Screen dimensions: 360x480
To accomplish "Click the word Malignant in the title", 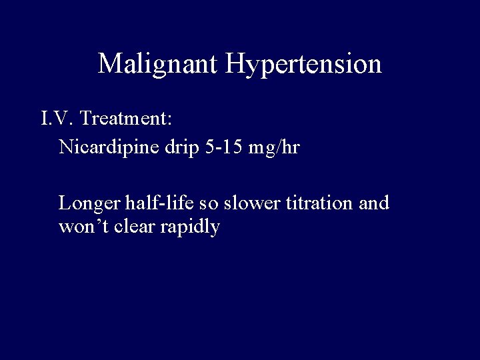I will point(158,64).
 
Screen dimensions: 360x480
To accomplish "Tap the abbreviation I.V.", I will point(57,119).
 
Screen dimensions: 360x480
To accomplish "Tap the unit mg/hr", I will point(274,147).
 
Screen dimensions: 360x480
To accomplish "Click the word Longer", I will point(86,203).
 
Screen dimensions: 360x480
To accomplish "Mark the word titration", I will point(321,202).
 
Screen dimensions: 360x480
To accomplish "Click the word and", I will point(374,202).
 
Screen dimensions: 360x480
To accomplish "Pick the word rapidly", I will point(191,227).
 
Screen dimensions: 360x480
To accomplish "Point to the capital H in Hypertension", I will point(236,64).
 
